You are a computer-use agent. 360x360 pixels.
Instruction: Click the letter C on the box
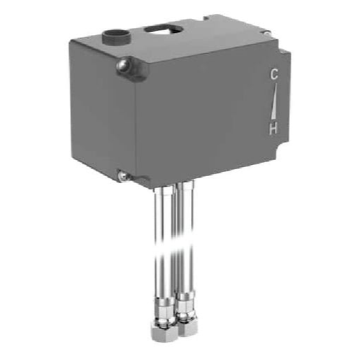[x=274, y=75]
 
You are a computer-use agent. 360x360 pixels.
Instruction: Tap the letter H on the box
[x=274, y=128]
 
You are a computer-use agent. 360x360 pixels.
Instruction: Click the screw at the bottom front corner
[x=123, y=176]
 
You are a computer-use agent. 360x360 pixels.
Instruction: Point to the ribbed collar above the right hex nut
[x=186, y=304]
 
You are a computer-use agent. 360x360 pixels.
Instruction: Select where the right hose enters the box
[x=186, y=185]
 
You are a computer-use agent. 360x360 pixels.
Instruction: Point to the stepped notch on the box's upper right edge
[x=284, y=52]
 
